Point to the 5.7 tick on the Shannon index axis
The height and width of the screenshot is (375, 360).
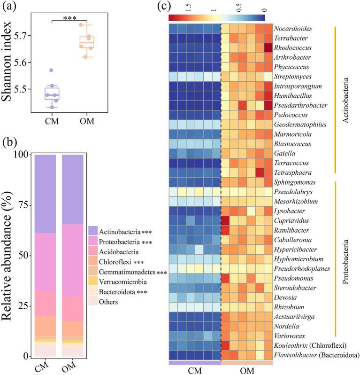(24, 36)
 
